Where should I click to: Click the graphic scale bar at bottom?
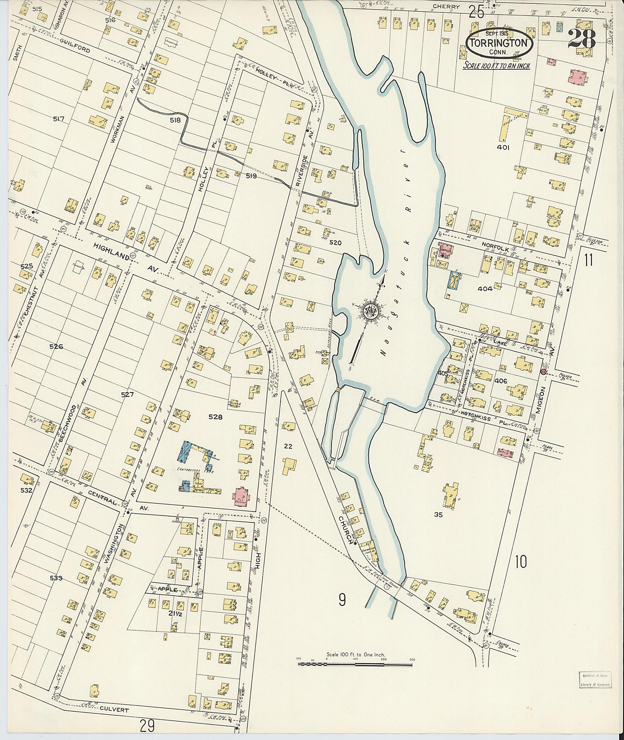[355, 664]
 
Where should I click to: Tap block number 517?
[59, 119]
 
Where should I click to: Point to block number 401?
[503, 147]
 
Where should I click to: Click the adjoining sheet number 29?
[147, 726]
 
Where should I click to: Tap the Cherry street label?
[446, 7]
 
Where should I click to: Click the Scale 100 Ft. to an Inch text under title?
[497, 66]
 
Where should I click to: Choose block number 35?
[438, 515]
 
